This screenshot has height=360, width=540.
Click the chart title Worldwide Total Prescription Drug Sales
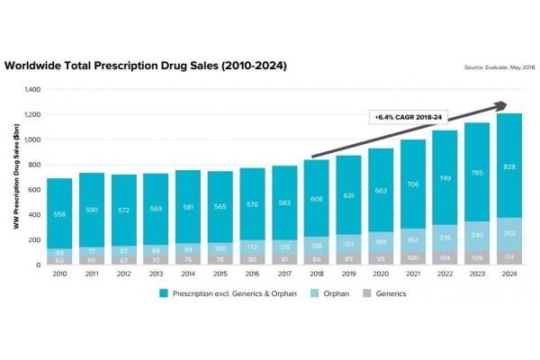(146, 67)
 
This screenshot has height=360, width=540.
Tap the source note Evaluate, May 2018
(499, 67)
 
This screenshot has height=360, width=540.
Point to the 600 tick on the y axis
(35, 190)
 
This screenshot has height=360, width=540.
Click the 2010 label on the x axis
(60, 273)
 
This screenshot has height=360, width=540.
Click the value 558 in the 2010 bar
(60, 214)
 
